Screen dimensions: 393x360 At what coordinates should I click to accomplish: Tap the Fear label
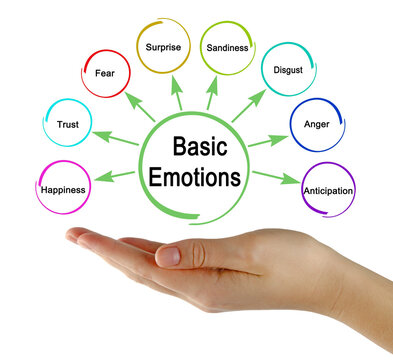[105, 73]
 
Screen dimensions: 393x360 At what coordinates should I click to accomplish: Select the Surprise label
[162, 47]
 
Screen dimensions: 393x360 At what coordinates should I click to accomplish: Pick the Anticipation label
[328, 189]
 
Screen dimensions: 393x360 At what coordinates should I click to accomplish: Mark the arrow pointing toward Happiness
[117, 177]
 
